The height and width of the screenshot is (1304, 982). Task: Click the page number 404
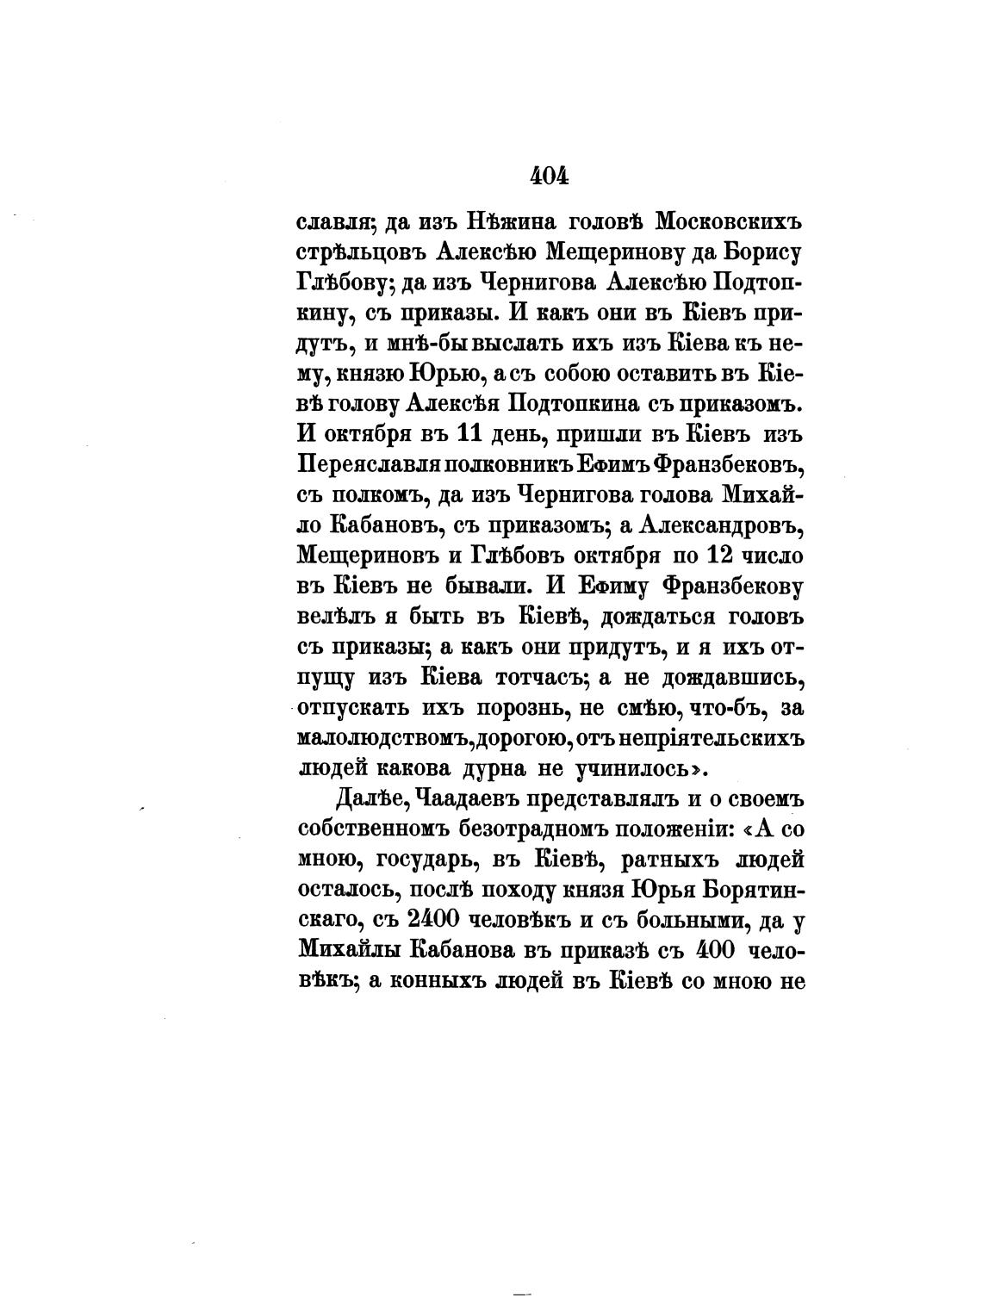(x=549, y=176)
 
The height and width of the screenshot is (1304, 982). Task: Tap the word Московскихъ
(x=728, y=223)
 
